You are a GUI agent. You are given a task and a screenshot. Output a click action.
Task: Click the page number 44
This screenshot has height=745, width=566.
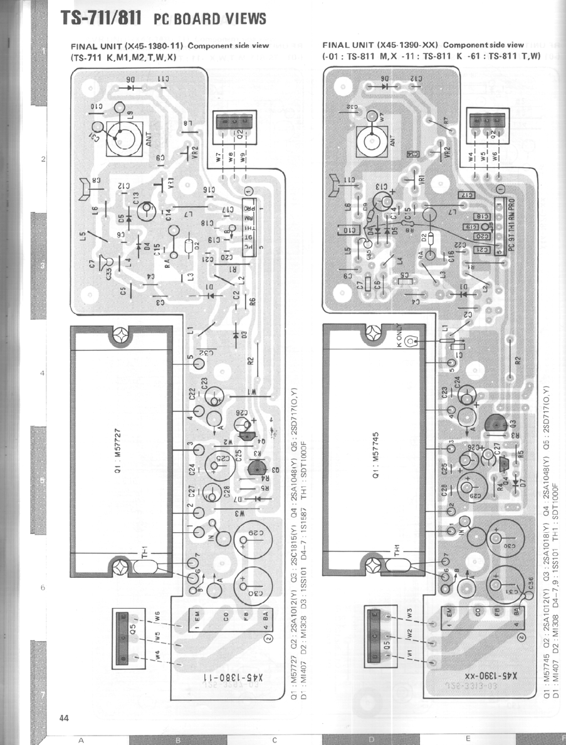65,717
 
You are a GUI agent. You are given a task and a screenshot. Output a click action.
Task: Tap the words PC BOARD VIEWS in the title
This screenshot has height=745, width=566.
209,19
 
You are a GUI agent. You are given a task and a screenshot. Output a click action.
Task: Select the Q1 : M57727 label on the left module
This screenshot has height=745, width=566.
118,450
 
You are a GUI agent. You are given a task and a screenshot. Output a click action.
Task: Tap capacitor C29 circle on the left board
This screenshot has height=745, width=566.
249,539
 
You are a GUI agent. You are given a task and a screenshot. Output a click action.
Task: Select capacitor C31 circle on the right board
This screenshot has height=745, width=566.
501,583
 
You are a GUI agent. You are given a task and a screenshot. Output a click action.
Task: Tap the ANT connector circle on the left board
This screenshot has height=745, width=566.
120,135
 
